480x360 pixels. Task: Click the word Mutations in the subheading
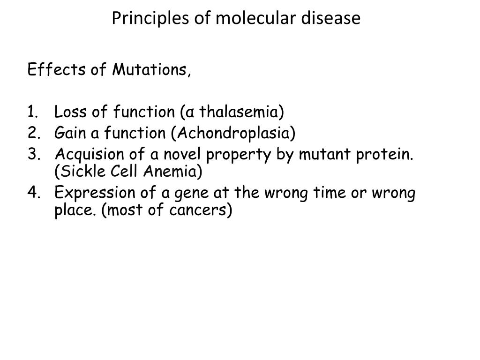pyautogui.click(x=150, y=70)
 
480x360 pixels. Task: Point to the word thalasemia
pyautogui.click(x=240, y=112)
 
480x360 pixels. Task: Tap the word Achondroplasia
pyautogui.click(x=232, y=133)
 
